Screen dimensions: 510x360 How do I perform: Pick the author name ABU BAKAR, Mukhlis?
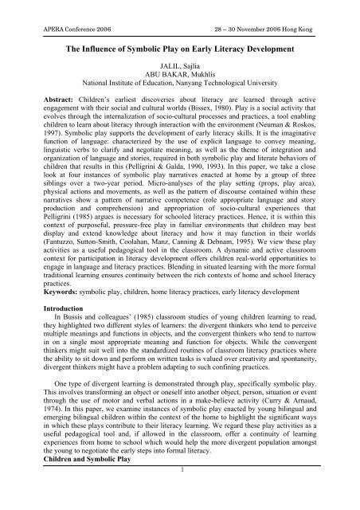(x=180, y=81)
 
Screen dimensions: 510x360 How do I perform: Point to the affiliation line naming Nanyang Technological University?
(x=180, y=91)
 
